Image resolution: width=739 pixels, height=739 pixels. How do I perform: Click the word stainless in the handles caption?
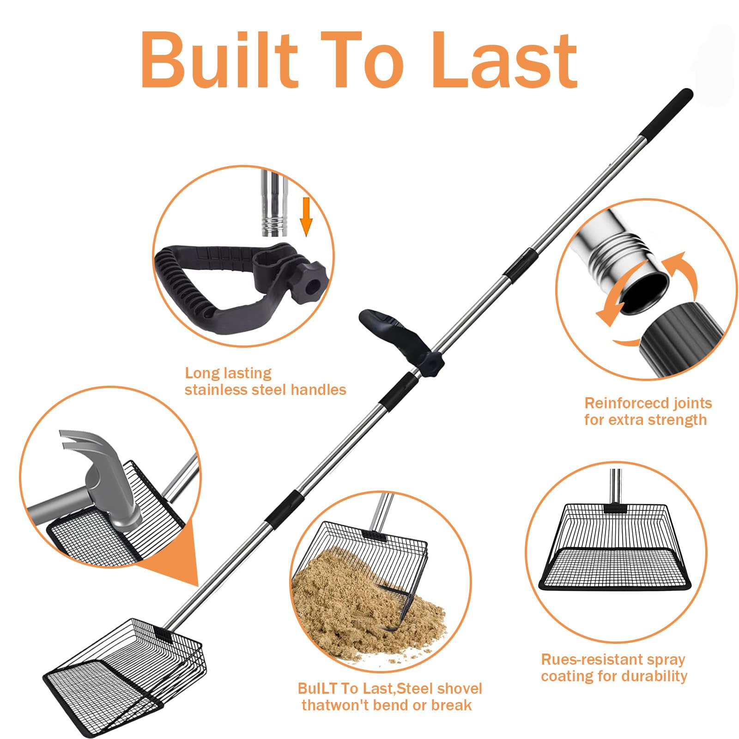point(216,390)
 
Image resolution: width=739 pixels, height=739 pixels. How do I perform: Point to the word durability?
point(652,677)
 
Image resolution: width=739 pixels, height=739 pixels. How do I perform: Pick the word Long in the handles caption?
point(200,373)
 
